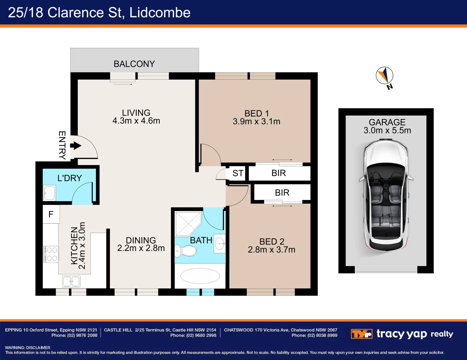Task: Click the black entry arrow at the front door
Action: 76,146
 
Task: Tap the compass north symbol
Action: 385,76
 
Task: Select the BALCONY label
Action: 134,64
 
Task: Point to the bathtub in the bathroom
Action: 200,276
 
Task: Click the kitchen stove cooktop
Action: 51,254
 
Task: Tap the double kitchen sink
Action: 71,281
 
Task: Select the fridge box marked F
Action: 51,214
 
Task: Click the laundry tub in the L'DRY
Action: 49,193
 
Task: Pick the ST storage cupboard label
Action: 238,173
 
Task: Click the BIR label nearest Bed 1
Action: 279,173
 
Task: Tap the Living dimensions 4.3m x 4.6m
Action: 136,121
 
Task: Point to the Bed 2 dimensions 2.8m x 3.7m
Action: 272,250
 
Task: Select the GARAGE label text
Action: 387,122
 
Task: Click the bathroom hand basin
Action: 219,244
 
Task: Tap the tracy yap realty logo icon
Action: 362,334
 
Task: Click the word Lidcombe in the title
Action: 160,13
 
